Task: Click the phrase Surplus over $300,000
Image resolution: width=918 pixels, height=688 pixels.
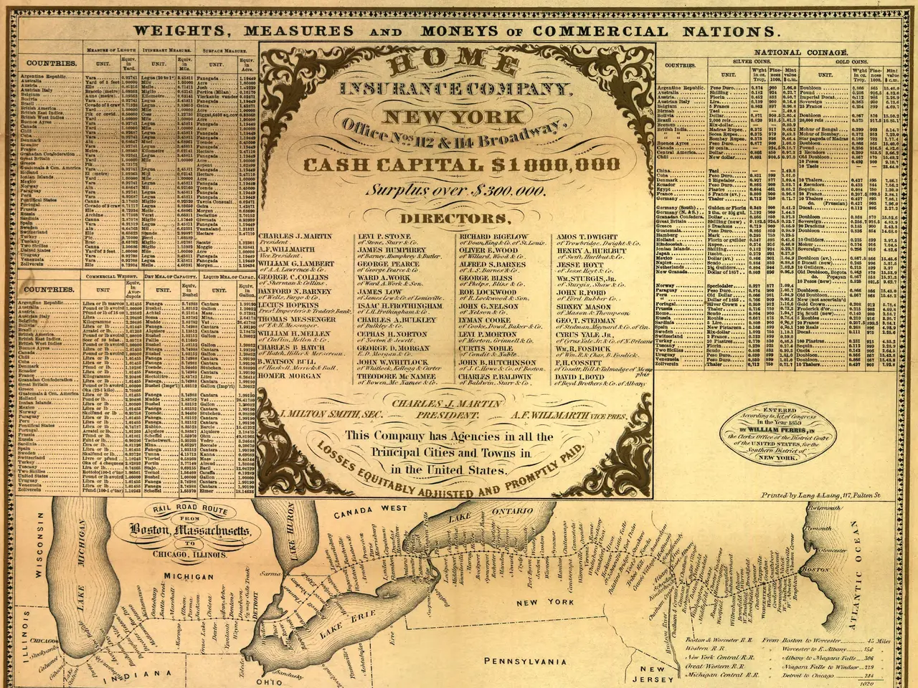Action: click(x=458, y=191)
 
